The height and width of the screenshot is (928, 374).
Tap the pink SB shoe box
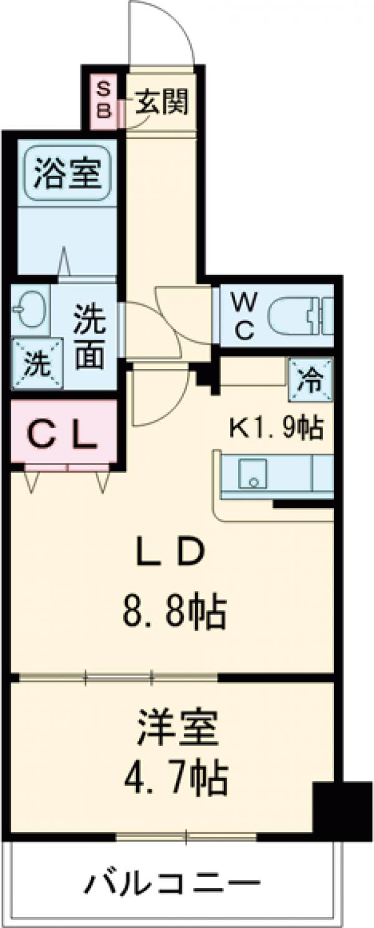(x=104, y=101)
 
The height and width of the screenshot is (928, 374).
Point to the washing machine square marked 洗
(x=37, y=364)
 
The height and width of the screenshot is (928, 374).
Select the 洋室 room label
(x=178, y=729)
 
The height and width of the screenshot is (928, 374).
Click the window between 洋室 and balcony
(x=186, y=836)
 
